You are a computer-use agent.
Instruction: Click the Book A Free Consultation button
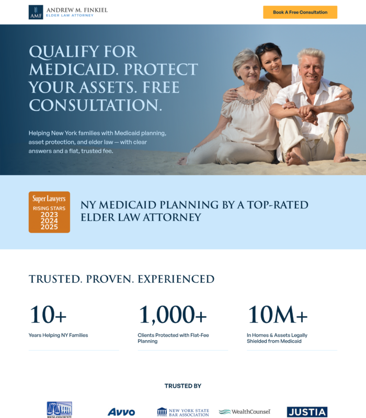[x=300, y=12]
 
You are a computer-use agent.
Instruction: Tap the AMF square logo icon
[x=36, y=12]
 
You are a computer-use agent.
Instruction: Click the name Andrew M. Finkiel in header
[x=77, y=10]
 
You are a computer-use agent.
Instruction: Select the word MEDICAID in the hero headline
[x=72, y=69]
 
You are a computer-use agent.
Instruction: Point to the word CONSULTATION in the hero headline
[x=96, y=105]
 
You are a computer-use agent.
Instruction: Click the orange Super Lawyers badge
[x=49, y=212]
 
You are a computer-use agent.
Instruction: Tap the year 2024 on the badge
[x=49, y=220]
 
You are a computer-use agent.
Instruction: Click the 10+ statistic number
[x=48, y=315]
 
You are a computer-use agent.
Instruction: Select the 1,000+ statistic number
[x=173, y=315]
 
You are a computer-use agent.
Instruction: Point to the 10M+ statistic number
[x=278, y=315]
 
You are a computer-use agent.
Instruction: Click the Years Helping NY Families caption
[x=58, y=335]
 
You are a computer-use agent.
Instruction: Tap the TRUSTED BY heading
[x=183, y=386]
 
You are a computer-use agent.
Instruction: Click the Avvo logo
[x=121, y=412]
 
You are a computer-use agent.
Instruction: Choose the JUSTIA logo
[x=307, y=412]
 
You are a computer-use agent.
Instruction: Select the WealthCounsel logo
[x=245, y=412]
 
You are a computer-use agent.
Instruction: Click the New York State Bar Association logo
[x=183, y=412]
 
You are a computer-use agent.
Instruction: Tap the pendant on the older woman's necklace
[x=253, y=107]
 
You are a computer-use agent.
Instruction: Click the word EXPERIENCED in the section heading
[x=176, y=280]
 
